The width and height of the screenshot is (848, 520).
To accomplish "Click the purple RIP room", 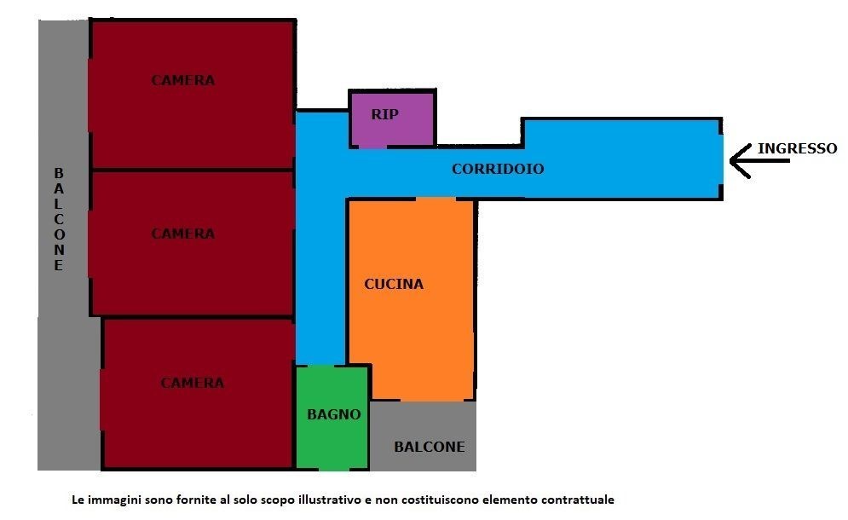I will tap(392, 128).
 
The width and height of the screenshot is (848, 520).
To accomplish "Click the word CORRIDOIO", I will tap(498, 169).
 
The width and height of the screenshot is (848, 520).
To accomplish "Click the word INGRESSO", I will tap(797, 148).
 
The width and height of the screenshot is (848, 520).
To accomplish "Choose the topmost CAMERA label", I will tap(183, 81).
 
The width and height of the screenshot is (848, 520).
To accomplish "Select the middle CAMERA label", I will tap(183, 234).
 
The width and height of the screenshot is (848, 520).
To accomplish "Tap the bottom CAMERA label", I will tap(193, 384).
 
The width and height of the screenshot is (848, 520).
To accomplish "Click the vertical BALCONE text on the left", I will tap(59, 219).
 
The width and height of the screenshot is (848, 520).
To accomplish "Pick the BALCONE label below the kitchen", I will tap(430, 447).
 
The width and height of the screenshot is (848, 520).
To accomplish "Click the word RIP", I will tap(384, 114).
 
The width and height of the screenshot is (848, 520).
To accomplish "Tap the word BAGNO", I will tap(333, 415).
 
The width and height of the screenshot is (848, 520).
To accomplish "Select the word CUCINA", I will tap(394, 285).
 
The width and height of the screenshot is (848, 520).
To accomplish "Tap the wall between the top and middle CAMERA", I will tap(193, 170).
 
